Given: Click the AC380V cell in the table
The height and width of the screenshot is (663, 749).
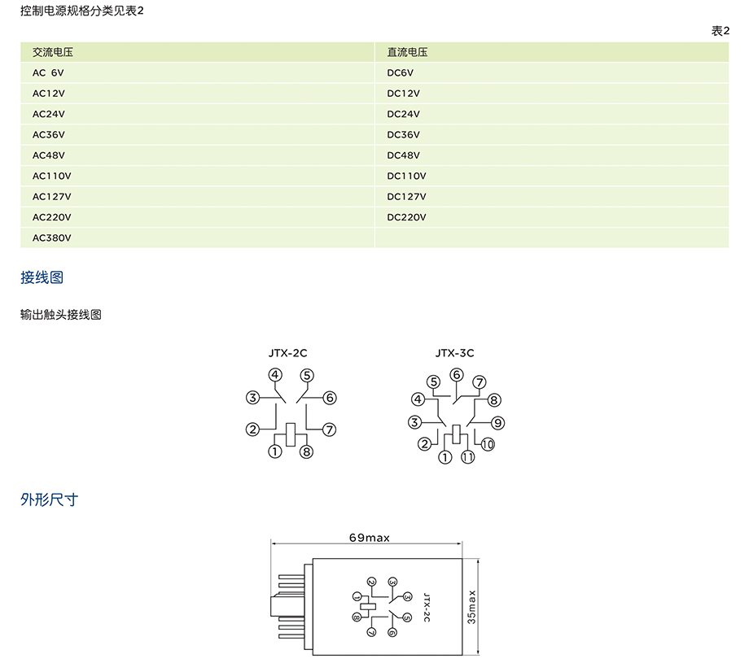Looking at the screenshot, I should click(x=52, y=238).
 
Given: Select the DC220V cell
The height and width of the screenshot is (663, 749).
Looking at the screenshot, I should click(x=406, y=217).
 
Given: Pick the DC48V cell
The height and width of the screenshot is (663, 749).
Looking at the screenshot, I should click(x=403, y=155).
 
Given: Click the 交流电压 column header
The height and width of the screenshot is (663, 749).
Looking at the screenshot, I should click(x=53, y=52).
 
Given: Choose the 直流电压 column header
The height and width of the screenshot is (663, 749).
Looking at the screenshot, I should click(x=407, y=52).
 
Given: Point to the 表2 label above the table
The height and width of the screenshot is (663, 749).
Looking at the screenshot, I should click(x=720, y=31).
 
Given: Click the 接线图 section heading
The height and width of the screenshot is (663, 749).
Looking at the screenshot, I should click(x=42, y=277).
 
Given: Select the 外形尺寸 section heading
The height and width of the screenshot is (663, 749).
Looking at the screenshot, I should click(x=49, y=499).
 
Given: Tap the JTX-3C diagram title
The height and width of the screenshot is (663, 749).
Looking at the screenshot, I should click(x=454, y=353).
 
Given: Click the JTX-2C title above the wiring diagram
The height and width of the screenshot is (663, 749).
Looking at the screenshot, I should click(x=287, y=353).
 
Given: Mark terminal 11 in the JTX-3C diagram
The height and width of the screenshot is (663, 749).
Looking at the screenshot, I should click(x=468, y=457).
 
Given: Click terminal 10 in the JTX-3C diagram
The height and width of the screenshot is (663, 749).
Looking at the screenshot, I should click(x=488, y=444).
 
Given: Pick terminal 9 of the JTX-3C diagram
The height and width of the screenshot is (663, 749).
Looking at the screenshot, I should click(x=498, y=422).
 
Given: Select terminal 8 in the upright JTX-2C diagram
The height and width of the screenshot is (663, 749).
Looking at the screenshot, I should click(x=306, y=451).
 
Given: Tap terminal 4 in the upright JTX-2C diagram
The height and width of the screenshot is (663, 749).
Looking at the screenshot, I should click(x=275, y=375).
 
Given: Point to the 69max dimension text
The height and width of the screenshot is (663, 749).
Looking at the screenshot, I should click(x=369, y=538).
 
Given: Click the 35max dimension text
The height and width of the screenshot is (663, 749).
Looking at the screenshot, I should click(x=472, y=607).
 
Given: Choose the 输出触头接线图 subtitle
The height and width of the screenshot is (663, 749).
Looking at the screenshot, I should click(x=61, y=315).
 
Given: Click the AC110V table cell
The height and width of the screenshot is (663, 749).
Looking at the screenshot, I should click(x=52, y=176).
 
